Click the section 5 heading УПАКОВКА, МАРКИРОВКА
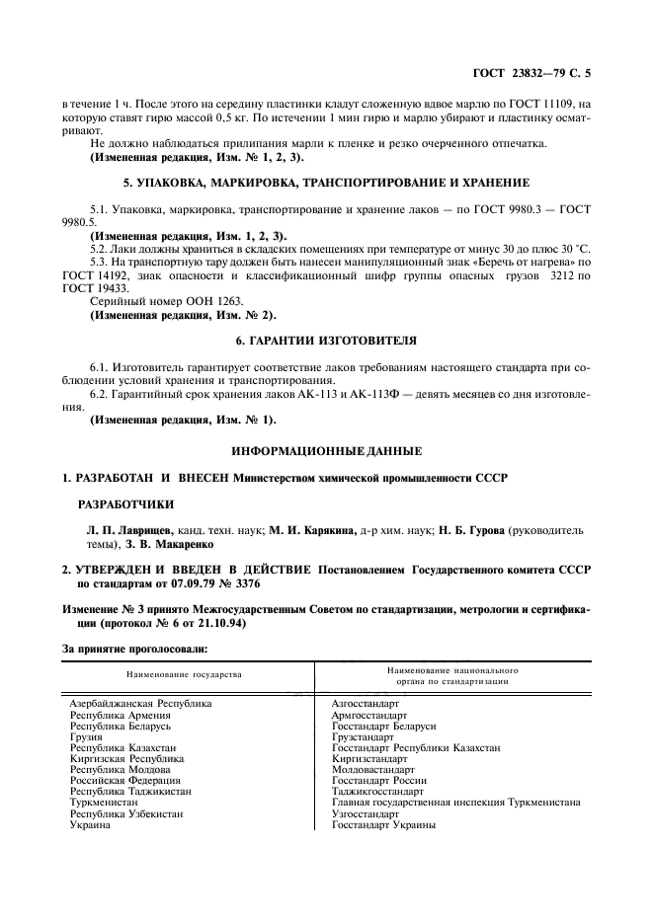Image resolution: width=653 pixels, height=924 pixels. pyautogui.click(x=325, y=183)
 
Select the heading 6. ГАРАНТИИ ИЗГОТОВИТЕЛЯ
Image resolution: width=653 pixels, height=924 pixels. pyautogui.click(x=325, y=341)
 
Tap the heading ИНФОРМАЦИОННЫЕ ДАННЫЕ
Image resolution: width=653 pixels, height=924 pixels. pyautogui.click(x=325, y=451)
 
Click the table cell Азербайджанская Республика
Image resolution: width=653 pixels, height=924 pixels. pyautogui.click(x=139, y=704)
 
